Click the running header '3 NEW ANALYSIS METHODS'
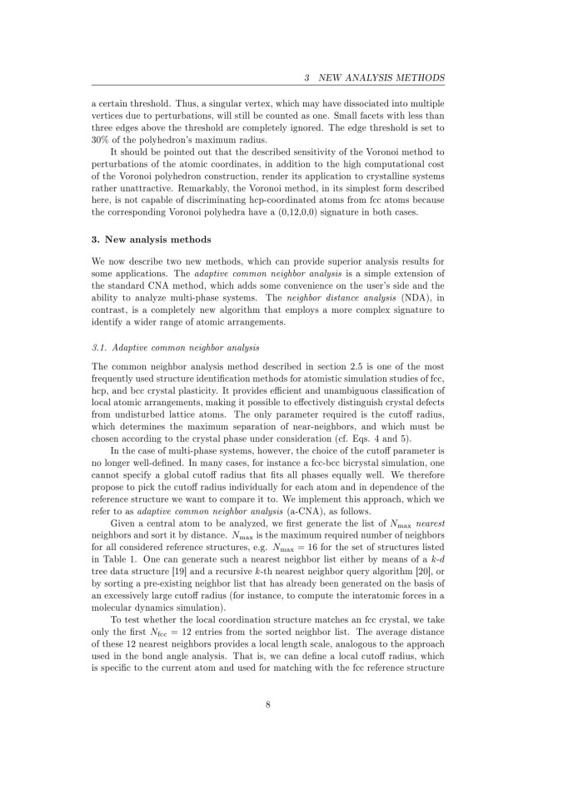pyautogui.click(x=374, y=78)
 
